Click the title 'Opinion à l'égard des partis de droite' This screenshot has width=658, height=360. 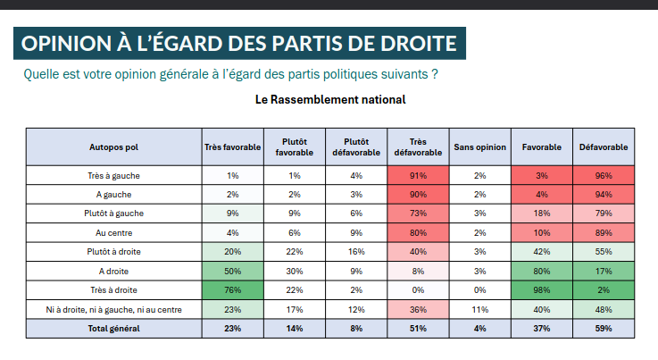click(239, 43)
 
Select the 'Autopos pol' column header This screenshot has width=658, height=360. click(113, 147)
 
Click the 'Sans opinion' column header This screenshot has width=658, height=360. click(479, 147)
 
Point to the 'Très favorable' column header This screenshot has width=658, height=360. click(232, 147)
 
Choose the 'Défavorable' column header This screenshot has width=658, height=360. click(604, 147)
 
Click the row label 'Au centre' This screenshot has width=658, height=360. click(113, 232)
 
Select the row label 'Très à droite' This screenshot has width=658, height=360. click(113, 289)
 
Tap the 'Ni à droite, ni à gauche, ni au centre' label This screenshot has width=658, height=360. click(113, 309)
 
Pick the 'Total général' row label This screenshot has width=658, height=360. click(113, 328)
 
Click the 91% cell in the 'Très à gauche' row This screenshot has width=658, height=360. click(418, 175)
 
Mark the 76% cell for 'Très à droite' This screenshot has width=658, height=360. click(232, 289)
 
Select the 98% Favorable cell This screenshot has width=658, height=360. click(541, 289)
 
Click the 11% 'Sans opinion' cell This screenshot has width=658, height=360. click(479, 309)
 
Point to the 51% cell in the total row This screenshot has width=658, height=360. click(418, 328)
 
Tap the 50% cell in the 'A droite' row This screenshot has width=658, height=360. click(232, 271)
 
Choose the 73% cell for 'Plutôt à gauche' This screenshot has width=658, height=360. click(418, 213)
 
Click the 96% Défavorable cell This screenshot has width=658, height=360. click(604, 175)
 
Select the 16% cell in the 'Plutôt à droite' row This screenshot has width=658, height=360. click(356, 252)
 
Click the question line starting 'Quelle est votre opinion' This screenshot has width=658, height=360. click(231, 73)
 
